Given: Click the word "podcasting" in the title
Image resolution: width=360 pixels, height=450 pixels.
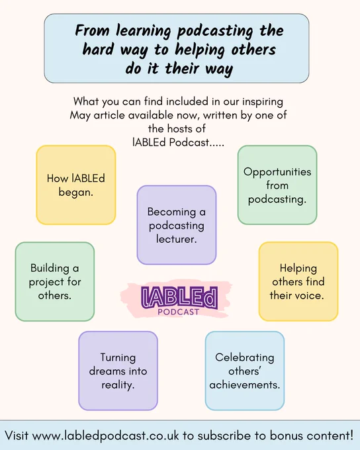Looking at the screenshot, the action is (216, 31).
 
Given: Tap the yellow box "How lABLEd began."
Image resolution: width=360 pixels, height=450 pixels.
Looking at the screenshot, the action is (76, 185).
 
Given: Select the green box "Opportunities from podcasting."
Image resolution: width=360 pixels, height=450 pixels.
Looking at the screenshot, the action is (277, 185).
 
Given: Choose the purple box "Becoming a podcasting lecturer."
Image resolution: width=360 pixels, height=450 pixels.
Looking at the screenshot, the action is (177, 225).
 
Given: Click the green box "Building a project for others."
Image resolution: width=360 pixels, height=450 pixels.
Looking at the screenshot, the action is (55, 281).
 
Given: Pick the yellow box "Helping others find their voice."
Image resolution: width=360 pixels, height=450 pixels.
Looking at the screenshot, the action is (298, 281).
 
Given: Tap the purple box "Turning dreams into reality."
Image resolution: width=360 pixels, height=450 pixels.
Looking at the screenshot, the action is (118, 371).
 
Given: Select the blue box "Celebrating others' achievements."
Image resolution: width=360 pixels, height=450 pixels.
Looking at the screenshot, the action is (245, 371).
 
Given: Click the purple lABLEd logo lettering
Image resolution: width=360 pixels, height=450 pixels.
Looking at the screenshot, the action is (179, 298).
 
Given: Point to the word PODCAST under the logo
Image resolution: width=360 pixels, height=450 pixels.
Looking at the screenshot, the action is (179, 312).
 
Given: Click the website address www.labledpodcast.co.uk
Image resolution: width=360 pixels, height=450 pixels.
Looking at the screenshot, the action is (105, 435).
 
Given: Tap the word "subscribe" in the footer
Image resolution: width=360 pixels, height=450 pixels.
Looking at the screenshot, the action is (224, 435).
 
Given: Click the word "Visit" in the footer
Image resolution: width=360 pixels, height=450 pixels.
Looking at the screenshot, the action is (17, 435).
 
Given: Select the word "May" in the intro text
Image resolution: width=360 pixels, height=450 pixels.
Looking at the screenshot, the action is (80, 116).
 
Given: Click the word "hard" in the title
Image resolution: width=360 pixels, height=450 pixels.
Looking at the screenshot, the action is (98, 50).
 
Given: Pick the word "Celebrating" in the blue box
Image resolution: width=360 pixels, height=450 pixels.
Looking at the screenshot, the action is (245, 357).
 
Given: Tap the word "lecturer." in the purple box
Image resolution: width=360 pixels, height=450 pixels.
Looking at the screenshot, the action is (177, 239).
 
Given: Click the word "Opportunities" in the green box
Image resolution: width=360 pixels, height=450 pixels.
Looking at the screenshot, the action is (277, 172).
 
